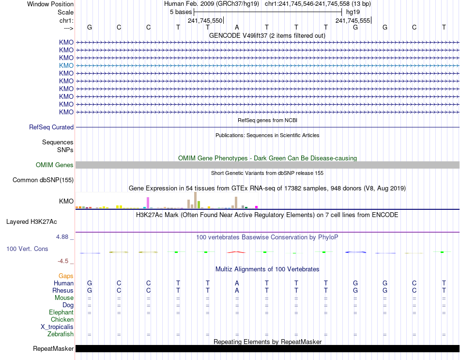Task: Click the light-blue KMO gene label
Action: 66,65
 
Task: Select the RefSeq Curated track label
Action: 51,127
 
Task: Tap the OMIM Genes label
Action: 55,165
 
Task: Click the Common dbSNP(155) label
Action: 43,180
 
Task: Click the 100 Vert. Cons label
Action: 27,249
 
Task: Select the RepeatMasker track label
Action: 53,349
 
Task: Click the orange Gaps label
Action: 66,276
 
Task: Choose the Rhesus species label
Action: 63,290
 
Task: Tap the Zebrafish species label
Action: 61,334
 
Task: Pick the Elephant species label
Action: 61,312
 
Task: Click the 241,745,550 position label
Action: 205,21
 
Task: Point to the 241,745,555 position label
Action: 353,21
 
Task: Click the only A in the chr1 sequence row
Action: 237,27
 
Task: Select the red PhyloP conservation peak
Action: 237,252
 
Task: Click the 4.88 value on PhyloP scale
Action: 62,237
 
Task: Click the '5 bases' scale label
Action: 180,12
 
